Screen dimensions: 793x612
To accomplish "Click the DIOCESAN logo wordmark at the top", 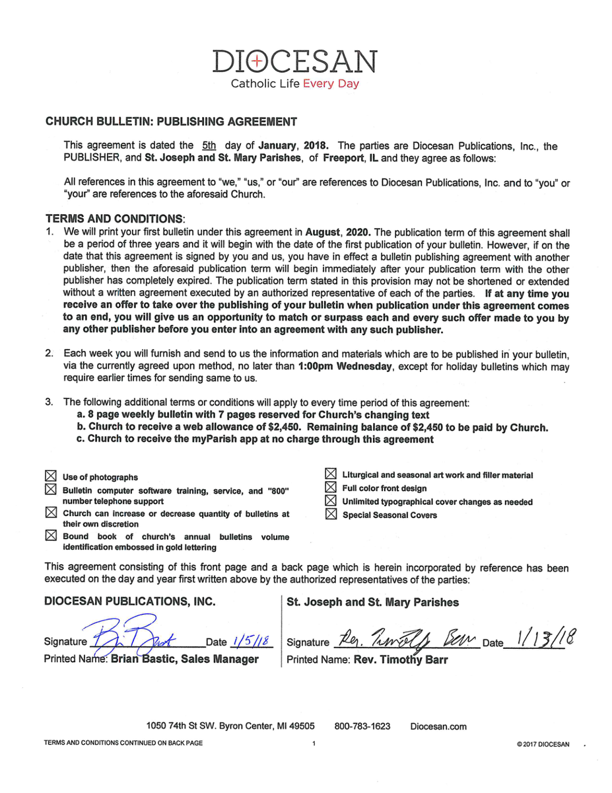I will point(295,62).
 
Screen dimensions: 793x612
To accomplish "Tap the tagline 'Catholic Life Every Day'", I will point(294,84).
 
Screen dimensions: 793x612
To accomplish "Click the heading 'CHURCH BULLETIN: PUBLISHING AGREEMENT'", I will point(170,122).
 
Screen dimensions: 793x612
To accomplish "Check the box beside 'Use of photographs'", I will point(50,476).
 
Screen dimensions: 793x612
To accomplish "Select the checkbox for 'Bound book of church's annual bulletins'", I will point(50,536).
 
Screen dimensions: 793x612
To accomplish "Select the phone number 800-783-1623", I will point(362,726).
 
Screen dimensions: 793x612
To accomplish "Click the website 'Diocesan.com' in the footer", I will point(438,726).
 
